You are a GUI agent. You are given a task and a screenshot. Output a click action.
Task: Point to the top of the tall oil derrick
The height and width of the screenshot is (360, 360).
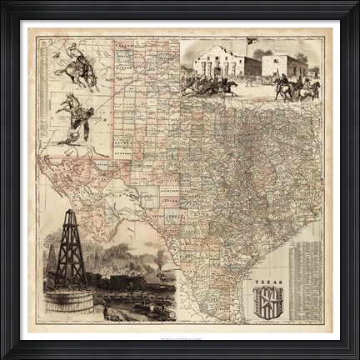tap(71, 213)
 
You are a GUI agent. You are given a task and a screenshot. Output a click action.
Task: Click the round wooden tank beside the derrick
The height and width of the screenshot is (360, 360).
tap(68, 300)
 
